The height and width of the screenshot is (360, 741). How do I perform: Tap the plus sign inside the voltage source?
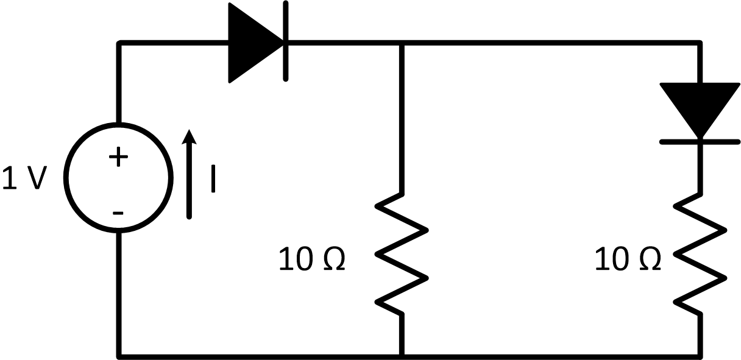coord(118,158)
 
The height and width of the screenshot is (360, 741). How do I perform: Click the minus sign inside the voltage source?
coord(118,213)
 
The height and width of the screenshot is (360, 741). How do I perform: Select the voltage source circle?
coord(118,177)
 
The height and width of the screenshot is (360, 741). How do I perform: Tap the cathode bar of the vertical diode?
coord(700,141)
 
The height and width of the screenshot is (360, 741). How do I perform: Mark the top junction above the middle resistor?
coord(402,43)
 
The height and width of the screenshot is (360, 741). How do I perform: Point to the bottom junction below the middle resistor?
coord(402,355)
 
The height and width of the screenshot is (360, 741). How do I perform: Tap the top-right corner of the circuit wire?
coord(700,43)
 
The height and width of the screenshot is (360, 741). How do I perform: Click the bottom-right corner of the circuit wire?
coord(700,355)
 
